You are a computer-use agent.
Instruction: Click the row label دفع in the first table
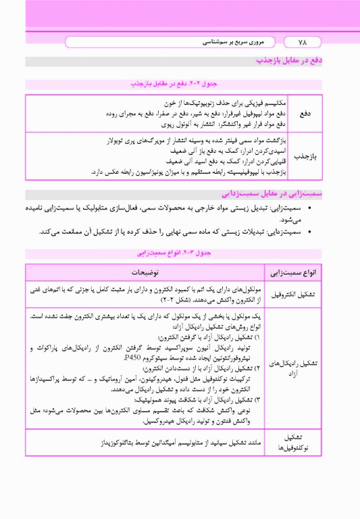[x=305, y=114]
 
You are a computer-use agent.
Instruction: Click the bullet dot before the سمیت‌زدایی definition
[x=309, y=232]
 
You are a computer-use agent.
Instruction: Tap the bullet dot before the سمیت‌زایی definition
[x=309, y=209]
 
